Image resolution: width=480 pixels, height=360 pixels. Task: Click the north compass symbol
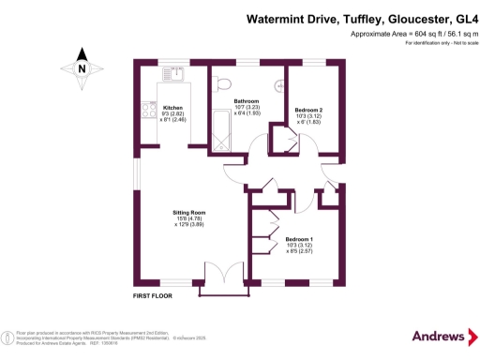82,68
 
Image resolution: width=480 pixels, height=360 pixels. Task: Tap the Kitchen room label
172,108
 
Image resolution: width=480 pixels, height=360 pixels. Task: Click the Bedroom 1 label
300,239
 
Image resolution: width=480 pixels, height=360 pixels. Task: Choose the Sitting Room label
188,213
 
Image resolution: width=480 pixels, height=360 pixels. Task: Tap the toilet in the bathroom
222,84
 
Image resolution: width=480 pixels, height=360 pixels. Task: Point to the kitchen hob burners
147,111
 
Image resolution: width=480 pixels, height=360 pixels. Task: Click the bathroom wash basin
278,86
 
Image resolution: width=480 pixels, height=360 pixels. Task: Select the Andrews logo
439,336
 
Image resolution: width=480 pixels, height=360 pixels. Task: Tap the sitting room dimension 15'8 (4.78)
188,219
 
